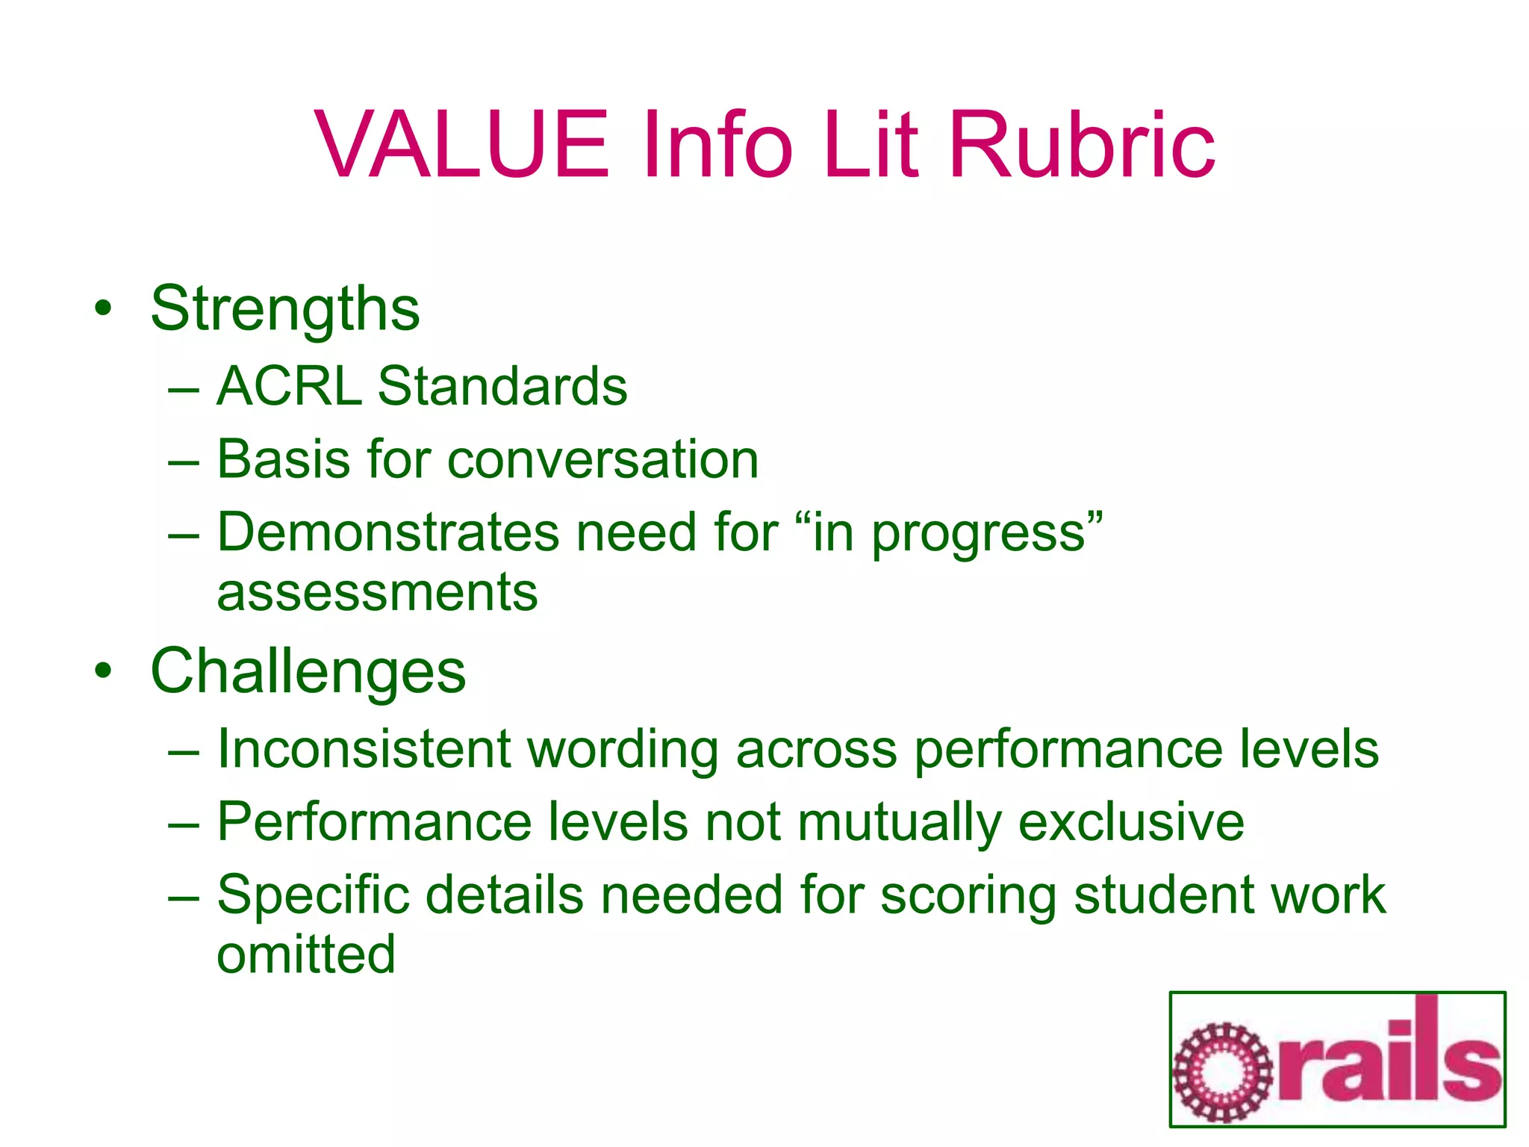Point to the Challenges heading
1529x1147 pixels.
pos(308,671)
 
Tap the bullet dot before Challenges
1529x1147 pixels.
pos(104,671)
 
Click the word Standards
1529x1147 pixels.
pos(502,386)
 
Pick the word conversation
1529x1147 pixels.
pos(602,459)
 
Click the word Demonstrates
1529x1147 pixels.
pos(388,532)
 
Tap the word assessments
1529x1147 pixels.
pos(377,592)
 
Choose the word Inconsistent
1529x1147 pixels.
pos(364,748)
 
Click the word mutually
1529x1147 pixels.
pos(899,823)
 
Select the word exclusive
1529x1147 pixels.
pos(1131,821)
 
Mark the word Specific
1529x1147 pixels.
pos(314,895)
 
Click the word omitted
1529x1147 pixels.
pos(306,954)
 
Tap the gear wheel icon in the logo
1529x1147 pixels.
pos(1222,1073)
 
